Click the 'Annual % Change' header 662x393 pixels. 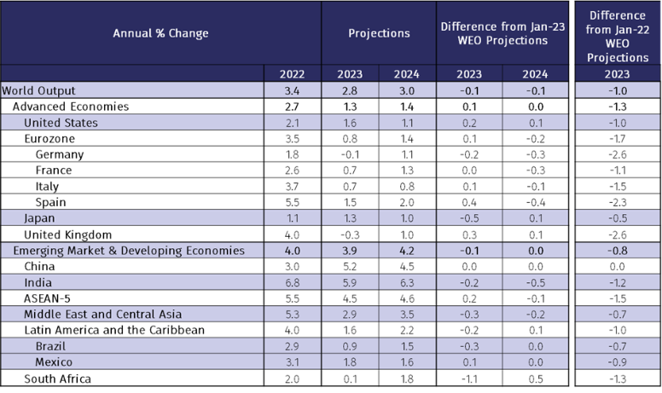click(x=160, y=33)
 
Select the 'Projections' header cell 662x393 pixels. click(x=379, y=33)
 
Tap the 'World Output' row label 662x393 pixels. click(x=38, y=90)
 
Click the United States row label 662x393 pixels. click(x=61, y=123)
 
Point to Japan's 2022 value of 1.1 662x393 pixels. click(x=293, y=218)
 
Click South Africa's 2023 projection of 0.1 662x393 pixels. click(x=350, y=379)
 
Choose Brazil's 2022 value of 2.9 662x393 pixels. click(x=293, y=346)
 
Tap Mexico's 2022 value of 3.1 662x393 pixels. click(x=293, y=362)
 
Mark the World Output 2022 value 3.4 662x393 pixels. click(x=293, y=90)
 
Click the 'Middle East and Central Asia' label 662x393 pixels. click(x=102, y=315)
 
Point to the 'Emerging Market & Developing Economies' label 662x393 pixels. click(x=129, y=251)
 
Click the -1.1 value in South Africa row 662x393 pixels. click(x=468, y=379)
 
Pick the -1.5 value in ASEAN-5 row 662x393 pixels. click(x=617, y=298)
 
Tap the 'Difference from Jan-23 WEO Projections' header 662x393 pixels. click(x=502, y=33)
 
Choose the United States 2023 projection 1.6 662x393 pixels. click(x=350, y=123)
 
